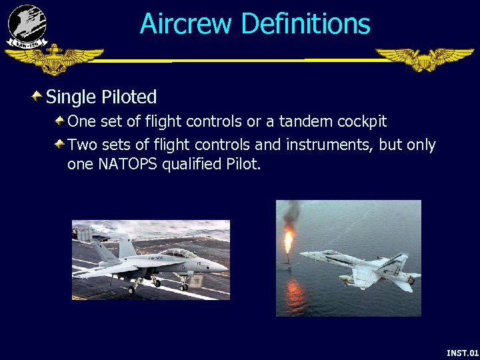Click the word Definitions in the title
pyautogui.click(x=305, y=24)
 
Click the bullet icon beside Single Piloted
pyautogui.click(x=37, y=97)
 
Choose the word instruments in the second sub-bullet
pyautogui.click(x=331, y=145)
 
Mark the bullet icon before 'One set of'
pyautogui.click(x=60, y=121)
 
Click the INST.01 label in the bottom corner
pyautogui.click(x=462, y=353)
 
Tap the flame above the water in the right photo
pyautogui.click(x=289, y=241)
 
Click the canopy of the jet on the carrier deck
pyautogui.click(x=177, y=253)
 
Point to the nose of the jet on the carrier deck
pyautogui.click(x=223, y=267)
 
